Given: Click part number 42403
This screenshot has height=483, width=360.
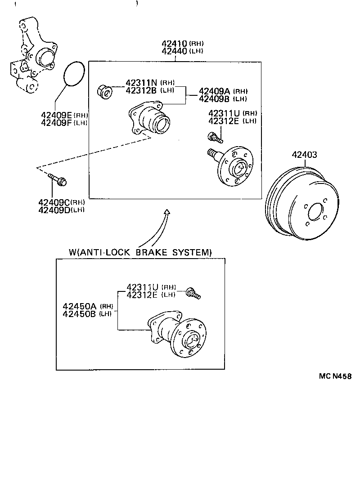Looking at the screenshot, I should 304,155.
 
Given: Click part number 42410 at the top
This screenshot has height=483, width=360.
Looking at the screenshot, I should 175,44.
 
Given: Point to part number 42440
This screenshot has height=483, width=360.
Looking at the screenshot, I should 175,51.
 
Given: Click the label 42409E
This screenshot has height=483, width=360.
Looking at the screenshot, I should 56,115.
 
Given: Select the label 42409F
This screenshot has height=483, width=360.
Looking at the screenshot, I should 56,122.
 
